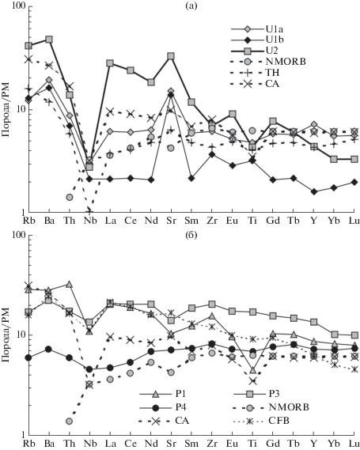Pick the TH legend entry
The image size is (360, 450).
255,73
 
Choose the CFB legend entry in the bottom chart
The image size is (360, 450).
262,421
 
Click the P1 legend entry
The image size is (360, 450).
162,395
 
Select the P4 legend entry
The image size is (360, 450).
163,407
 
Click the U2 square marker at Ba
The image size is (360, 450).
49,40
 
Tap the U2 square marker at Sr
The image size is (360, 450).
171,56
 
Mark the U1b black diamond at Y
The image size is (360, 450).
314,191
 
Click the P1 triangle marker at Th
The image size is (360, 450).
69,284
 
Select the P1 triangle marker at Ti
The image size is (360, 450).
252,370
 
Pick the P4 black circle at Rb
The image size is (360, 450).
28,357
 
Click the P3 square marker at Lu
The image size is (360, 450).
354,335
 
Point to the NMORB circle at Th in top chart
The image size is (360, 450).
69,197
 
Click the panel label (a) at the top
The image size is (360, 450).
191,6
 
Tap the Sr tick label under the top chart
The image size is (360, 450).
171,221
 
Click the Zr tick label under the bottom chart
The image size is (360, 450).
212,444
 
